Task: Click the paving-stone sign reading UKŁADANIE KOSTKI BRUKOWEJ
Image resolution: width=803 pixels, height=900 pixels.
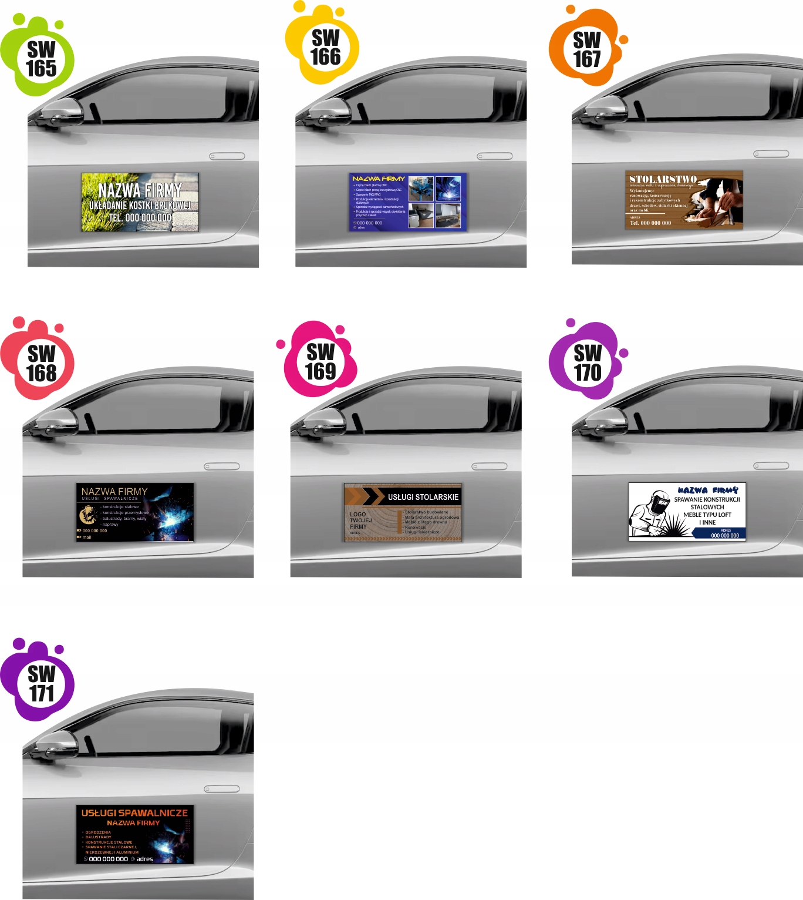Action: click(x=140, y=203)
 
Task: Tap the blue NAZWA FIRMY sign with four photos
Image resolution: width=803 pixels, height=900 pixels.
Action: click(x=407, y=202)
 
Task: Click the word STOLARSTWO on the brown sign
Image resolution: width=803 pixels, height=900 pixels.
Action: click(x=663, y=179)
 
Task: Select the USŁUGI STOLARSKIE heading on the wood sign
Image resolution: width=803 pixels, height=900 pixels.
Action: click(x=423, y=497)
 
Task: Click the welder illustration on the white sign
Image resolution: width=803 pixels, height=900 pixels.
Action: click(x=652, y=514)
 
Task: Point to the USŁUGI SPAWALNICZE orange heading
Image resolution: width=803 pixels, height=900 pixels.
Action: click(x=134, y=813)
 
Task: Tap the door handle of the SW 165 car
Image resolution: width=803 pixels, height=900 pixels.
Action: click(x=227, y=156)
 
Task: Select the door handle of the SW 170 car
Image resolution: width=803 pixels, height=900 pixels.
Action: click(x=771, y=466)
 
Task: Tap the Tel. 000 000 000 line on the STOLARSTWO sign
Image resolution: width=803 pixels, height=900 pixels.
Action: click(x=650, y=223)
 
